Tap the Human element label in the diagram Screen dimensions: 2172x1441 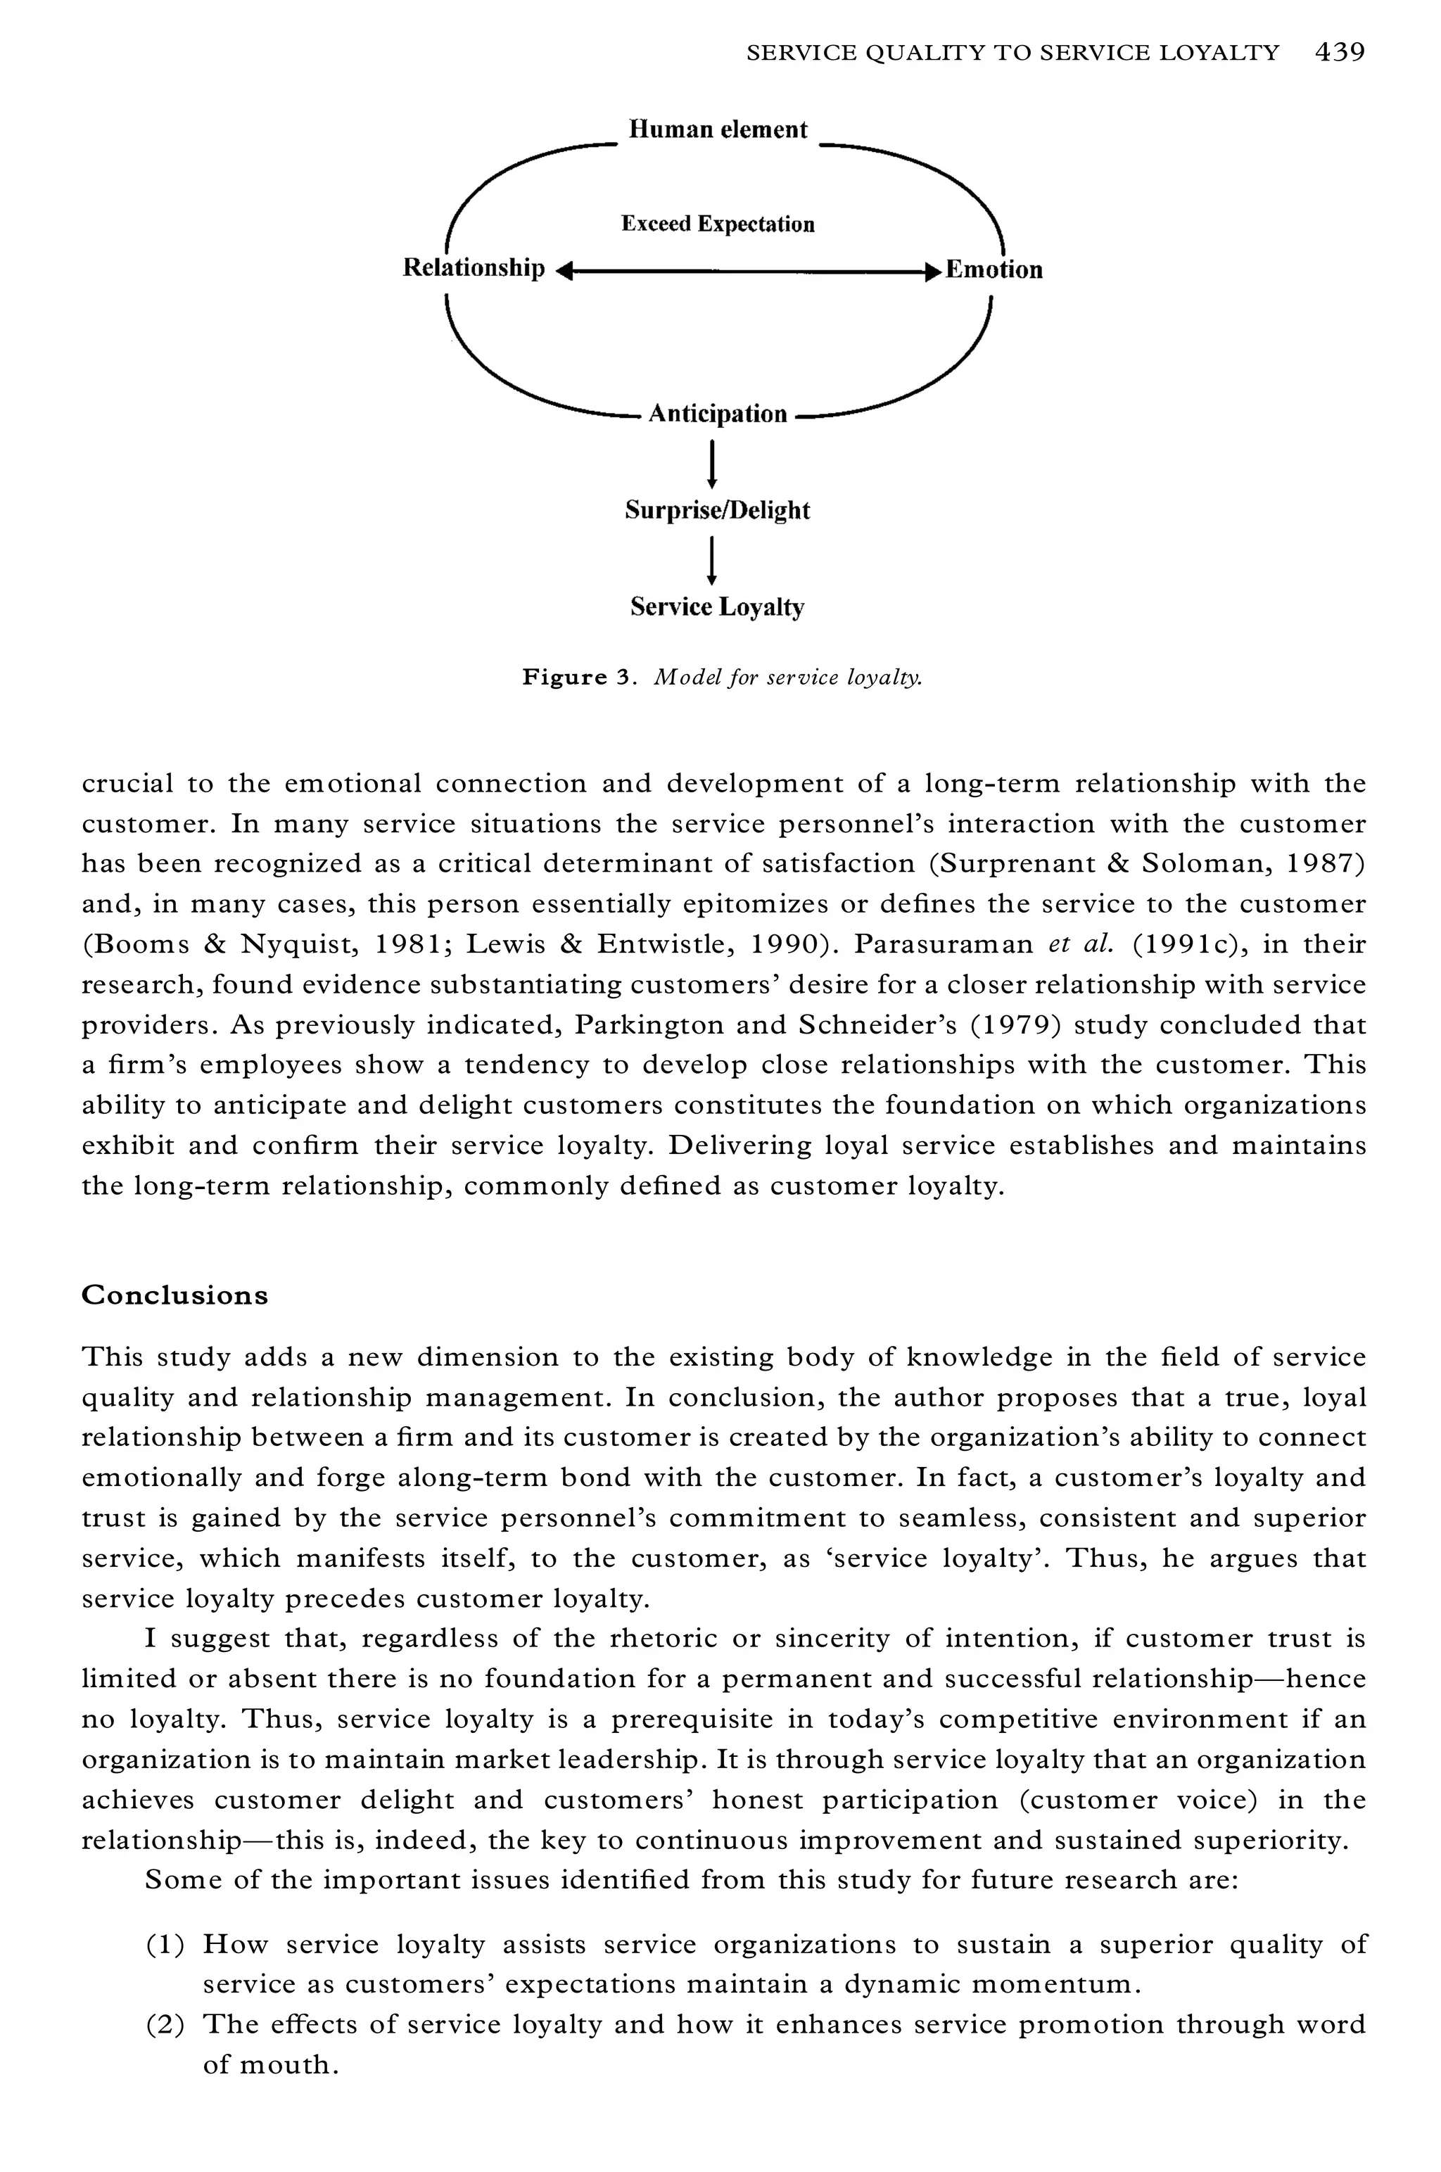(x=718, y=129)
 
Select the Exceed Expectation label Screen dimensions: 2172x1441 (x=718, y=224)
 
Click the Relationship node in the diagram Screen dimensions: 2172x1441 (x=474, y=268)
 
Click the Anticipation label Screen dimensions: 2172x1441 (x=718, y=414)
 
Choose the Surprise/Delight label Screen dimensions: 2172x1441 (x=718, y=511)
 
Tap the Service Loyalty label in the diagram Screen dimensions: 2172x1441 (x=718, y=607)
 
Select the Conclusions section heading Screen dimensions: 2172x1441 (x=174, y=1295)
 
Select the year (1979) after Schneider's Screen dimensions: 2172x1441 (x=1011, y=1024)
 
